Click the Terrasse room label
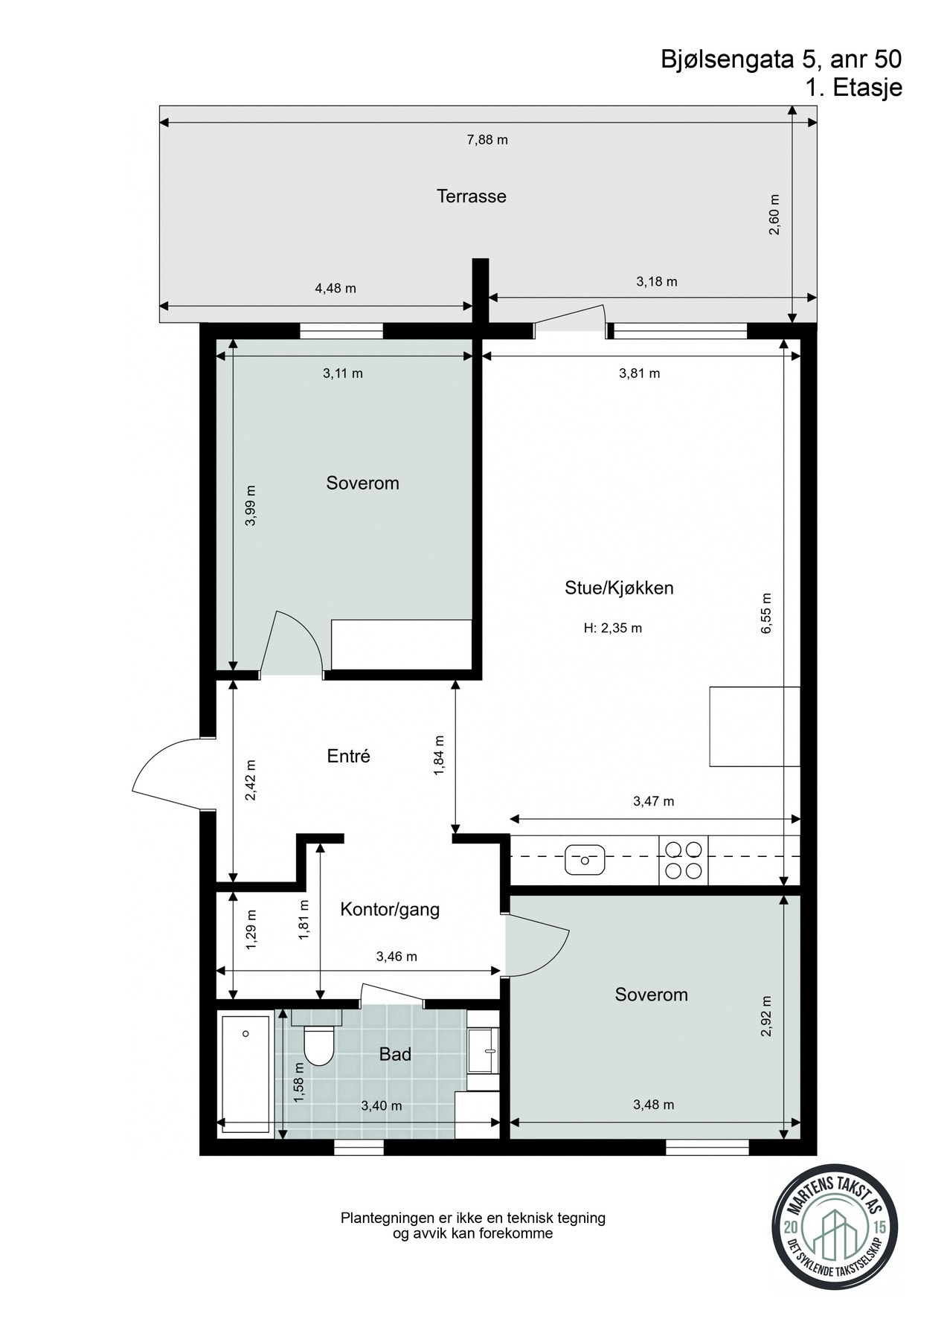coord(471,196)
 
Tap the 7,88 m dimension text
coord(487,140)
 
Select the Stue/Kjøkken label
coord(619,588)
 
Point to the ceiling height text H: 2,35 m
coord(612,629)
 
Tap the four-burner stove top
coord(683,860)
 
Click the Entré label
coord(348,757)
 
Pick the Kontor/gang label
coord(390,909)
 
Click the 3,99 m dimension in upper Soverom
coord(251,506)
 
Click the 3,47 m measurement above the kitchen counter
coord(653,801)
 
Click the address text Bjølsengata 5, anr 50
coord(781,60)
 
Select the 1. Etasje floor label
coord(853,88)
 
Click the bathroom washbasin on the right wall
coord(484,1050)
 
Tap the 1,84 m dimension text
coord(439,756)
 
